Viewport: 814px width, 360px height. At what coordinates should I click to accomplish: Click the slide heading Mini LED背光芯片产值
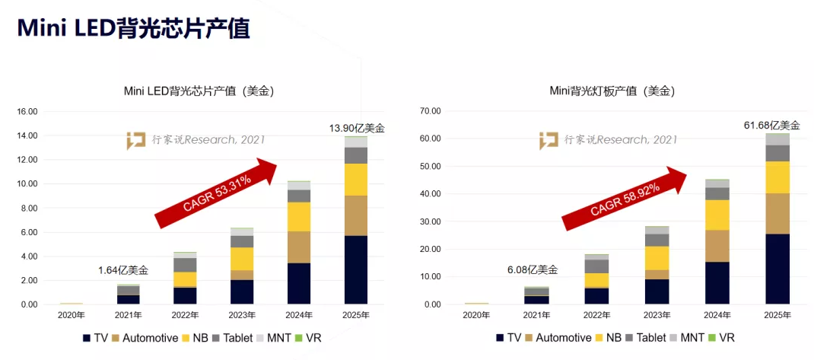pyautogui.click(x=133, y=28)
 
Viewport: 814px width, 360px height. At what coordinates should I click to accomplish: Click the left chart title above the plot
pyautogui.click(x=199, y=91)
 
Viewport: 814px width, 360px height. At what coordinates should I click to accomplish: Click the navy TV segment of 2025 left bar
pyautogui.click(x=356, y=270)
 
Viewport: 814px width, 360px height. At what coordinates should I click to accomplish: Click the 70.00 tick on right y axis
pyautogui.click(x=430, y=111)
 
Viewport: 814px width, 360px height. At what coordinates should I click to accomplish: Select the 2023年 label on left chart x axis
pyautogui.click(x=242, y=314)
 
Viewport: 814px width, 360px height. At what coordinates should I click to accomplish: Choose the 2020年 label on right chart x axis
pyautogui.click(x=476, y=314)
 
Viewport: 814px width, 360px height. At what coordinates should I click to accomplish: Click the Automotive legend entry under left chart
pyautogui.click(x=148, y=337)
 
